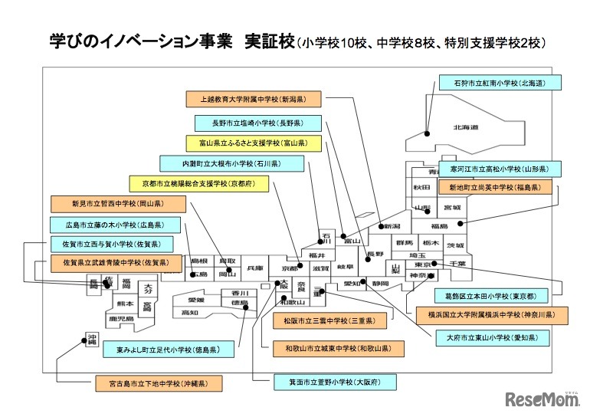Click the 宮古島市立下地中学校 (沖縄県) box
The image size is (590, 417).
pyautogui.click(x=158, y=383)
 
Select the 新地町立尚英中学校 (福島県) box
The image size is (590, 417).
pyautogui.click(x=494, y=187)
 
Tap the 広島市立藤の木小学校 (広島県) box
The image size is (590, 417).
pyautogui.click(x=117, y=225)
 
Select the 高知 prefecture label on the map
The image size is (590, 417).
pyautogui.click(x=190, y=313)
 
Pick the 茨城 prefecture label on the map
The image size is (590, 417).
pyautogui.click(x=455, y=245)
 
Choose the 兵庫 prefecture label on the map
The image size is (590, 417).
pyautogui.click(x=255, y=269)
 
